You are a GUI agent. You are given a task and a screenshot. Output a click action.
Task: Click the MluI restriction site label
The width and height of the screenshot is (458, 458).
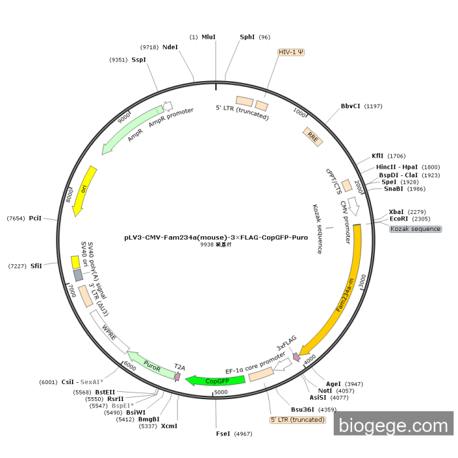(209, 37)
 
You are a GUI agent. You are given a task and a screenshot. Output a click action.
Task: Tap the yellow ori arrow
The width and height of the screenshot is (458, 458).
(85, 190)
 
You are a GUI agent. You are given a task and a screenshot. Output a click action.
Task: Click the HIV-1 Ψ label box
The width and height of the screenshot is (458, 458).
(291, 52)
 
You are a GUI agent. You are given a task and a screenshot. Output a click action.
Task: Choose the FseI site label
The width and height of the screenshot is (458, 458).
(224, 434)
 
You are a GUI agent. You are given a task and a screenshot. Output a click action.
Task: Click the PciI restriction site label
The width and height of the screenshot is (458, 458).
(35, 218)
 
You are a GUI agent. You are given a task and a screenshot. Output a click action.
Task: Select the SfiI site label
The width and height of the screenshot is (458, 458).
(35, 266)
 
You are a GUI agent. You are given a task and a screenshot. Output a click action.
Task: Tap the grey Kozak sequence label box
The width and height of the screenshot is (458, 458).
(415, 229)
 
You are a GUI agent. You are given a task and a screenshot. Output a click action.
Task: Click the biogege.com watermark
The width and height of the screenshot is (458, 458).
(393, 426)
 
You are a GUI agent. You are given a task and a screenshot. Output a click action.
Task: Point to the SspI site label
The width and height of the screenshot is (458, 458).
(139, 60)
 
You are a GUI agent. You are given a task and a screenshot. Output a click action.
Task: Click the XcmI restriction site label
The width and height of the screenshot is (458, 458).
(169, 426)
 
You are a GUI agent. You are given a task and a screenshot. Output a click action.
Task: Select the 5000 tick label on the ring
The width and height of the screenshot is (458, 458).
(221, 392)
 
